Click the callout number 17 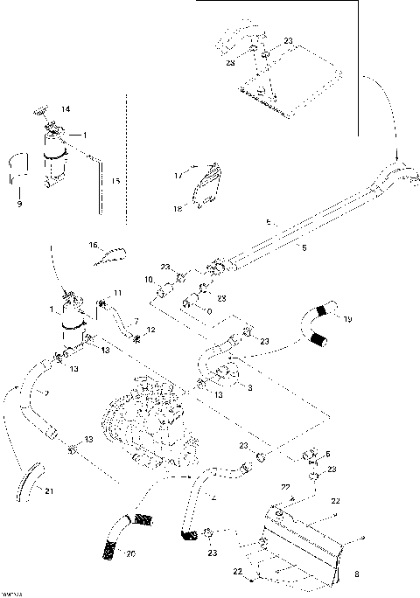[x=177, y=176]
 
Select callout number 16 [x=94, y=247]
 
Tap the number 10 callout [x=150, y=279]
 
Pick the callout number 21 [x=49, y=490]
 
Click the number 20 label [x=130, y=553]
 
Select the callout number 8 [x=356, y=574]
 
